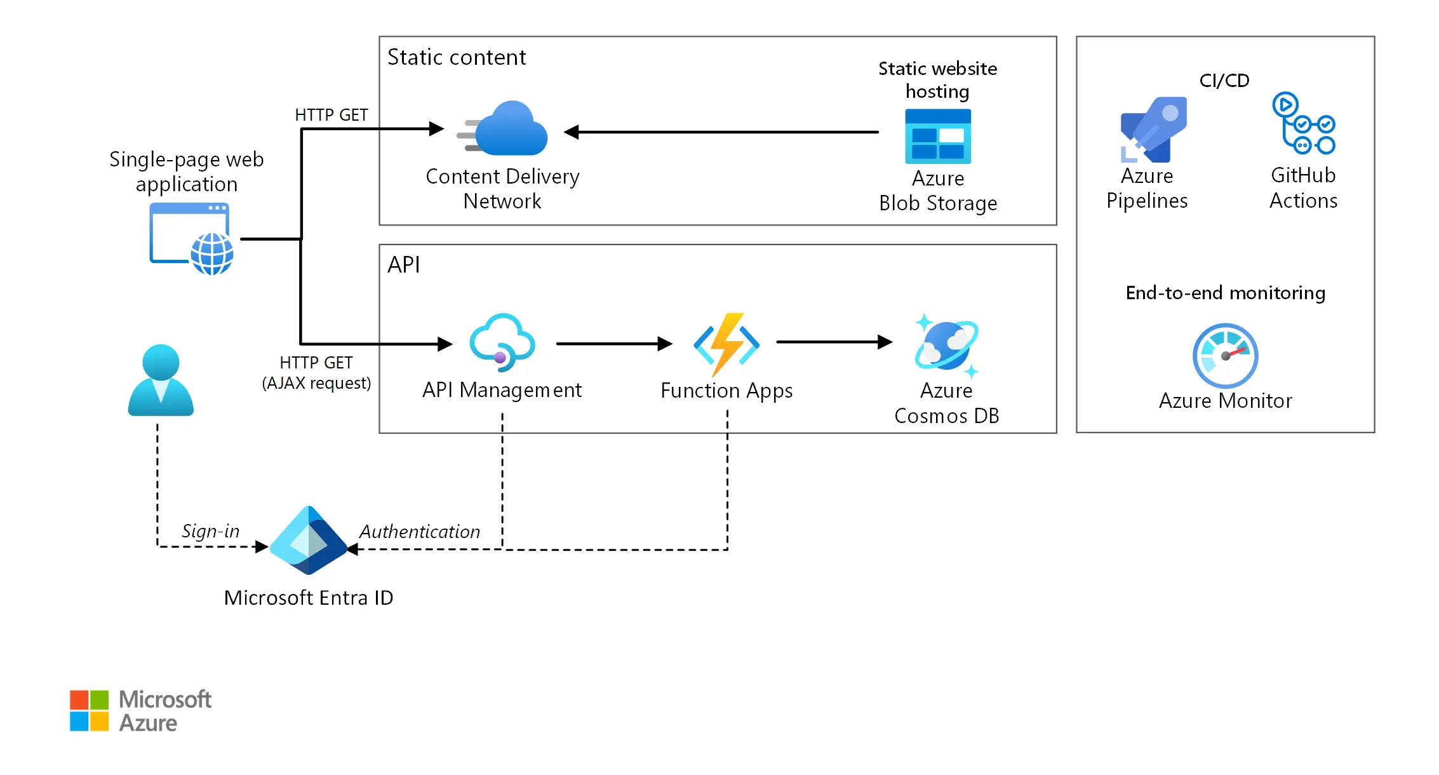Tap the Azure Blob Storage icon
(937, 137)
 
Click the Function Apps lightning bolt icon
(726, 344)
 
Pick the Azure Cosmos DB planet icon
(946, 345)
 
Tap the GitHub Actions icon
(1303, 124)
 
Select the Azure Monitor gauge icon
(1225, 356)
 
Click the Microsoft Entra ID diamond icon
(309, 541)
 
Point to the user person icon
(161, 381)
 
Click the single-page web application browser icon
(191, 239)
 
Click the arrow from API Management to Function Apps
(613, 344)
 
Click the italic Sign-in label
(210, 530)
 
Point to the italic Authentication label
(419, 532)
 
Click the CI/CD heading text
(1224, 81)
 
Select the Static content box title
(457, 57)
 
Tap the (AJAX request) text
(316, 383)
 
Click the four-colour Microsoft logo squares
(89, 710)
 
